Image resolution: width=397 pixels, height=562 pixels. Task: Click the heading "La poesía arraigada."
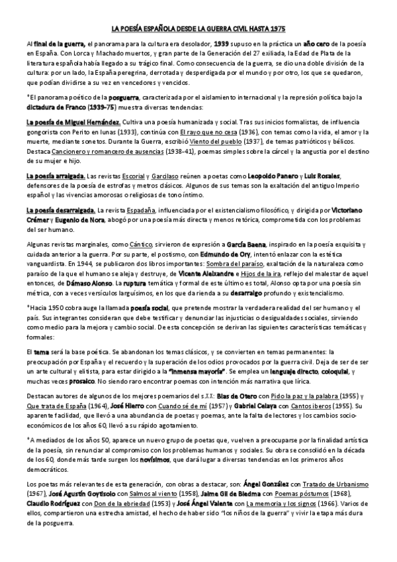pos(56,175)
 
